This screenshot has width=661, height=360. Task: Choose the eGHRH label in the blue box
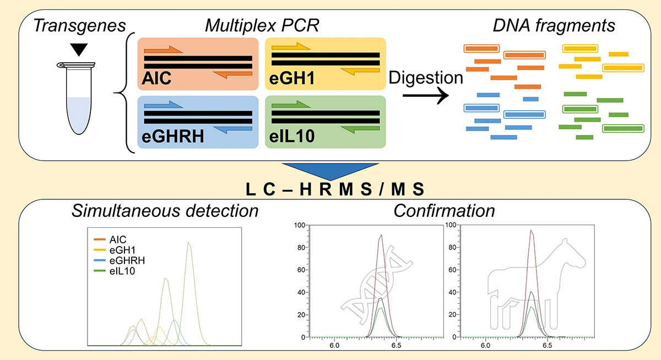[x=171, y=137]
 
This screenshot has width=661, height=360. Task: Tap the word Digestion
[x=425, y=78]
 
